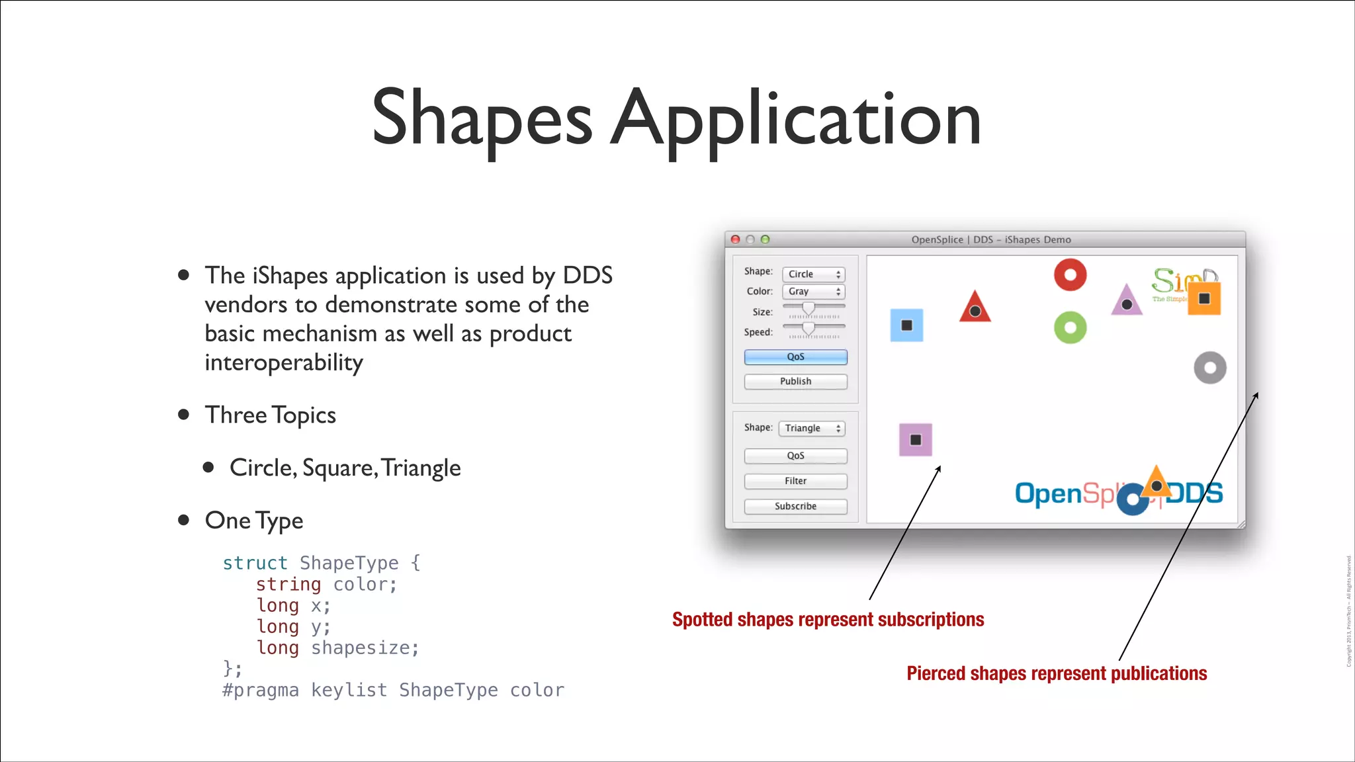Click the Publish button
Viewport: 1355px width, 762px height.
coord(795,382)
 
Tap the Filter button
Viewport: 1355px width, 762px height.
coord(795,481)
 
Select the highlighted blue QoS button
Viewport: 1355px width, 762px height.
coord(795,357)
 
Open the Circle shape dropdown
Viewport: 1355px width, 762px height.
coord(813,274)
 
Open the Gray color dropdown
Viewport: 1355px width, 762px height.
coord(813,292)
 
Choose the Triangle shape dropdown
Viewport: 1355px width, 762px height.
coord(812,429)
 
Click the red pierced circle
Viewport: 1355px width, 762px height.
coord(1070,275)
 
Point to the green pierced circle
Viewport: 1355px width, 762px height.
coord(1070,327)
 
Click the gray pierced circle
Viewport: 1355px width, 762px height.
coord(1209,368)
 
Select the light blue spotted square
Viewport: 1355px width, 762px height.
coord(906,325)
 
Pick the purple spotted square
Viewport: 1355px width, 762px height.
coord(916,440)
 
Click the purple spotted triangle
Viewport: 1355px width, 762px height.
coord(1127,302)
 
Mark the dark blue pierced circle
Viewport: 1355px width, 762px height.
coord(1133,499)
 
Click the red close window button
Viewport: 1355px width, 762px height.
coord(735,239)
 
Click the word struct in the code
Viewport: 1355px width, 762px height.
coord(255,563)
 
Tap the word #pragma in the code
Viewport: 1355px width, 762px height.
coord(261,690)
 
